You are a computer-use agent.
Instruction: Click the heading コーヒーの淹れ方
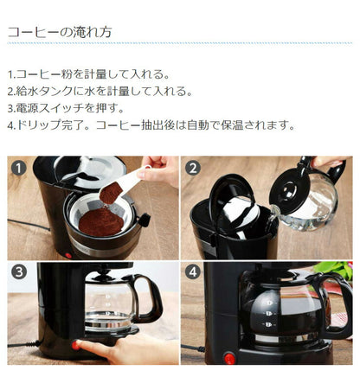59,32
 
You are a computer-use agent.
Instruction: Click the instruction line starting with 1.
89,75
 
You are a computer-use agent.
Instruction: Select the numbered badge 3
19,272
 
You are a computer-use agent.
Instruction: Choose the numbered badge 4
193,272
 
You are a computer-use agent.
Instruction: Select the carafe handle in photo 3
150,297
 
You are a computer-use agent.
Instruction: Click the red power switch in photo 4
229,356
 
